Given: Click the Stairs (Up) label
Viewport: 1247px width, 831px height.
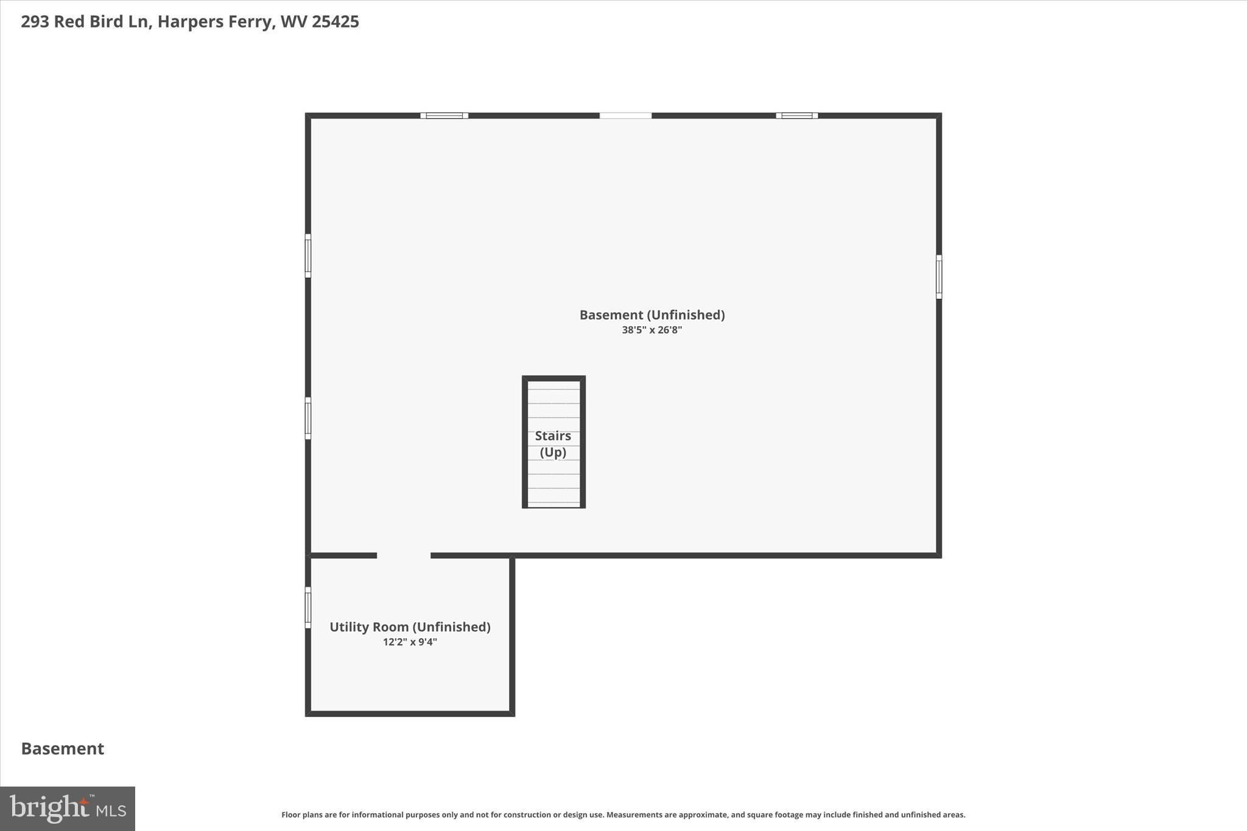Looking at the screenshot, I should (x=553, y=444).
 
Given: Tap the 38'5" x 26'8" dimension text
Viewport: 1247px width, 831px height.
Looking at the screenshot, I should (x=652, y=330).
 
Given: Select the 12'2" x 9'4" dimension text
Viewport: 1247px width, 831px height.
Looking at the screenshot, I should (x=410, y=642).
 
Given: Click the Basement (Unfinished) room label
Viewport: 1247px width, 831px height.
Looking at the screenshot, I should (x=652, y=315).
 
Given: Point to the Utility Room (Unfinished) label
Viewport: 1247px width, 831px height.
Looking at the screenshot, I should (x=410, y=626).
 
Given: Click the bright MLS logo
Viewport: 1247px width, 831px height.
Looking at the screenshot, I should (x=68, y=808).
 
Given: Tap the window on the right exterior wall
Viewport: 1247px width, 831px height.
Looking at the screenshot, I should (x=938, y=277).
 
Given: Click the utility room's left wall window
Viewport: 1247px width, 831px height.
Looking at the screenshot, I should (x=308, y=607).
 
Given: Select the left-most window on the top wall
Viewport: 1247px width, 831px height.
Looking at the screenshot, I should (x=444, y=116).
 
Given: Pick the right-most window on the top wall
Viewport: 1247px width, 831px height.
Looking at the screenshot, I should (x=796, y=116).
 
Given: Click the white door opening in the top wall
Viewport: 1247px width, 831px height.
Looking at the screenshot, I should (x=625, y=116).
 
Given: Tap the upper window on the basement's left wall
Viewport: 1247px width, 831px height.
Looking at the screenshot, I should (x=308, y=256).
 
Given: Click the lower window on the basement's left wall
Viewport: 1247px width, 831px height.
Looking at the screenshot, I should (x=308, y=418).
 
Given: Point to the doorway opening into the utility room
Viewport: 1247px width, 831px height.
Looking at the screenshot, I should (x=404, y=555).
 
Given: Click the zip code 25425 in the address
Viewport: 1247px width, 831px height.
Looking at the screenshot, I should (x=335, y=22).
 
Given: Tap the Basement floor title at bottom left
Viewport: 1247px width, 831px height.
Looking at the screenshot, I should (x=63, y=748).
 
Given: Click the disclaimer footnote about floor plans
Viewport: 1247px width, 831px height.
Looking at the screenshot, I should (x=623, y=815).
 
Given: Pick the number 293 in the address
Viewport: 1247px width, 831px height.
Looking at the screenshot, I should (x=35, y=22).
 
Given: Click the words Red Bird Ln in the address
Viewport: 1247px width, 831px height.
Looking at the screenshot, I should (x=102, y=22).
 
